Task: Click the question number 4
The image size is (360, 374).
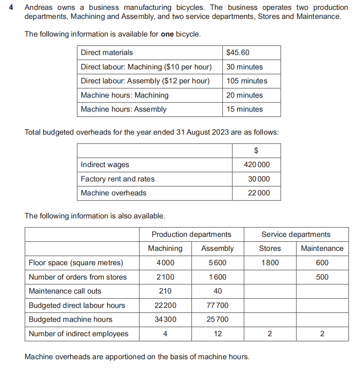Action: point(11,8)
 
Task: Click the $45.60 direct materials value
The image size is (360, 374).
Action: point(238,53)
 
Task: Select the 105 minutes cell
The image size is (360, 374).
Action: point(246,81)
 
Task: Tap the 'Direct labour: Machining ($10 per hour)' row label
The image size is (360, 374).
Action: point(146,67)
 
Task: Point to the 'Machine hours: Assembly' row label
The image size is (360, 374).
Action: point(123,109)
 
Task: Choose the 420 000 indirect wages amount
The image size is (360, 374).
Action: point(257,165)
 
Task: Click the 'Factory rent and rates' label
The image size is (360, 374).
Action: point(118,179)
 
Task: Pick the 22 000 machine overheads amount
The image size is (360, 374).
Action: point(259,193)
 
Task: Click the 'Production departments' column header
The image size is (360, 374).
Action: point(191,234)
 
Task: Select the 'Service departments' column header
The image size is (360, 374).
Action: point(296,234)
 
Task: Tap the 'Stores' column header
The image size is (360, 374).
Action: point(270,248)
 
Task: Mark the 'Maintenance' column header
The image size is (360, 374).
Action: point(322,248)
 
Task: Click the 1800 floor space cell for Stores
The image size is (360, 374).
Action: point(270,263)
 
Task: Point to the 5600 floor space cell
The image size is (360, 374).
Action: point(217,263)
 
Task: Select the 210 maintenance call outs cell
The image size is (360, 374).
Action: point(165,291)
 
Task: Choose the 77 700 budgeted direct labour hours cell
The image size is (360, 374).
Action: point(217,305)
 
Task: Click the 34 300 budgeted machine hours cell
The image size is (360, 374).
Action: point(165,319)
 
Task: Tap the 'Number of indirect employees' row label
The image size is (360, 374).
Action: point(78,334)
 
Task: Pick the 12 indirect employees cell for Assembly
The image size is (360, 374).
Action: point(217,334)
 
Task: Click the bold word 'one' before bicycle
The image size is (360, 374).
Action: point(167,34)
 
